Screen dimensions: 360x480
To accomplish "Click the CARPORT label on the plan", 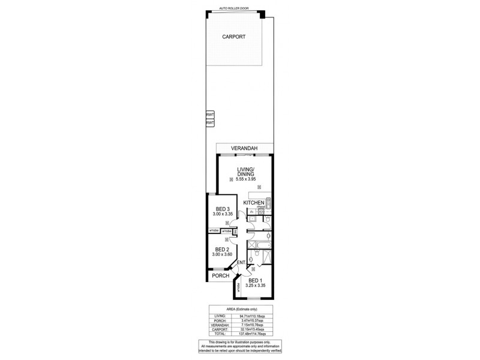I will tap(233, 37).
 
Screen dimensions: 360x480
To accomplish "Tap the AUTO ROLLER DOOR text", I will tap(234, 9).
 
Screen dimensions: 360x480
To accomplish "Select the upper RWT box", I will tap(210, 115).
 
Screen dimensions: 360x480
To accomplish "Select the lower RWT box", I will tap(210, 122).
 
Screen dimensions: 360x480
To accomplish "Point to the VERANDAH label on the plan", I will tap(245, 148).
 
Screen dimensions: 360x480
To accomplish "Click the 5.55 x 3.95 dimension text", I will tap(245, 179).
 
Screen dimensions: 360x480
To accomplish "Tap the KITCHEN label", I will tap(254, 203).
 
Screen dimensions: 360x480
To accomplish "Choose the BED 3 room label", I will tap(221, 209).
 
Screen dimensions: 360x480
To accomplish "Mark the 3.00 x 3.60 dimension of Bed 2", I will tap(221, 254).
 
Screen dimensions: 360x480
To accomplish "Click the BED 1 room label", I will tap(255, 280).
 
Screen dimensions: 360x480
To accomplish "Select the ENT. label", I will tap(241, 263).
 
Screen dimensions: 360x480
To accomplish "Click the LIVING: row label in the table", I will tap(220, 315).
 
